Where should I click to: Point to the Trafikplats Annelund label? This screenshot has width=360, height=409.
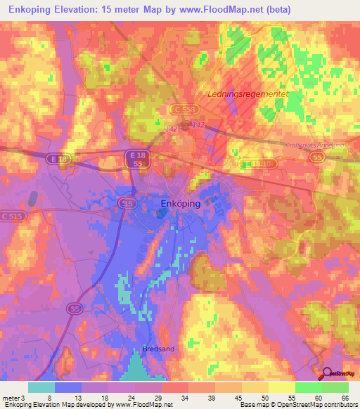pos(318,145)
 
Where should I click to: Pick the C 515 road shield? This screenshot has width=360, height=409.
pos(13,217)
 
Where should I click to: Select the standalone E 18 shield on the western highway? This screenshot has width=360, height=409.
pos(60,160)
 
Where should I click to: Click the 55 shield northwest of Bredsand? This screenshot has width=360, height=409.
pos(75,308)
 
